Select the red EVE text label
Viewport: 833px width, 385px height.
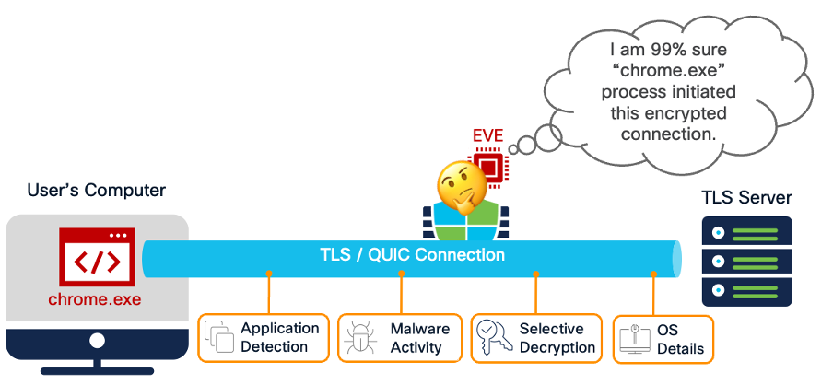point(487,136)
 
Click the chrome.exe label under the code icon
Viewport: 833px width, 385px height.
point(95,299)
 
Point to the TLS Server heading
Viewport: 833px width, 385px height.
point(746,198)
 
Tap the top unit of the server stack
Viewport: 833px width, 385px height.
point(746,230)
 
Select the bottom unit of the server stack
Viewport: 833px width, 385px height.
point(746,292)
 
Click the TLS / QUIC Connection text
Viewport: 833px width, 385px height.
point(411,255)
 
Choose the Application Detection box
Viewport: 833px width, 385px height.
point(264,337)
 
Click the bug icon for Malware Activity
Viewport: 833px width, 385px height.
point(359,338)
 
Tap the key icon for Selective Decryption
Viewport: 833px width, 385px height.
point(493,338)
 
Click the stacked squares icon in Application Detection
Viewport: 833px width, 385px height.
point(219,338)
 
